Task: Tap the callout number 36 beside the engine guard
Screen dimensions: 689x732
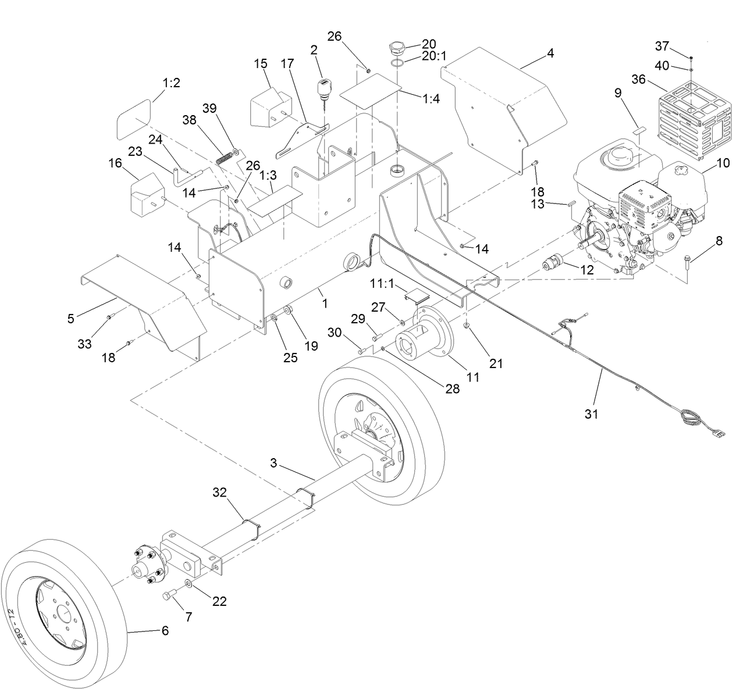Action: [638, 80]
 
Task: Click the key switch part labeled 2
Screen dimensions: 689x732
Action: [323, 88]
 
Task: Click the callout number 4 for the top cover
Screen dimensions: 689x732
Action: [550, 53]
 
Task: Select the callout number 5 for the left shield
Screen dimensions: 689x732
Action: [70, 319]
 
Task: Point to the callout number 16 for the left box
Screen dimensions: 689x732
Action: [115, 163]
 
